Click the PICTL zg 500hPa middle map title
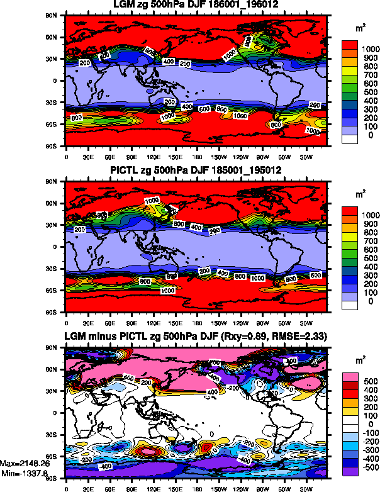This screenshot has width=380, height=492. click(195, 171)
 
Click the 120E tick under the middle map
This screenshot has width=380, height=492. click(152, 319)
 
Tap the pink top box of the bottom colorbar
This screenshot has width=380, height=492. click(351, 376)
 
